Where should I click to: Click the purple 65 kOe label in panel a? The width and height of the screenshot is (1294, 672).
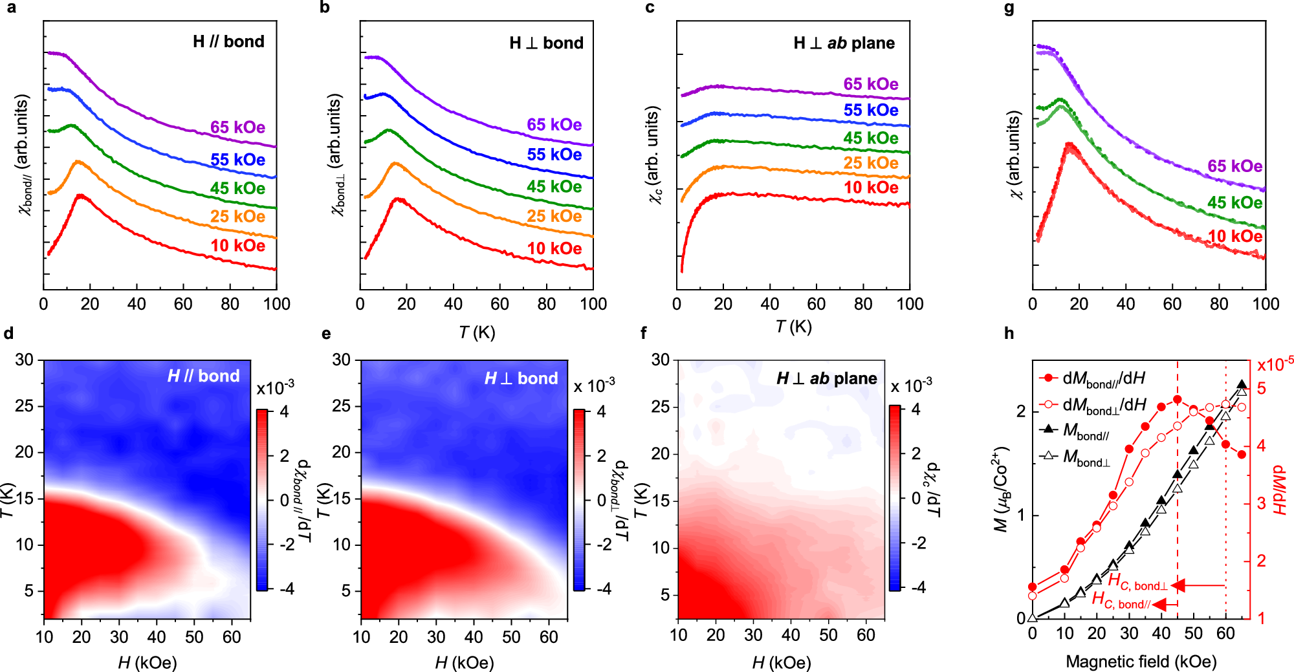(237, 127)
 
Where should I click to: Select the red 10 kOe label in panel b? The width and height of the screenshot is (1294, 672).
(554, 249)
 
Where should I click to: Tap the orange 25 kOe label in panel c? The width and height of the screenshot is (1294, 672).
(870, 163)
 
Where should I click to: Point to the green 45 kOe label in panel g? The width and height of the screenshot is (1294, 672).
(1234, 202)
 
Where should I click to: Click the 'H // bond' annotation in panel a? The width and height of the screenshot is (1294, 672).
(228, 42)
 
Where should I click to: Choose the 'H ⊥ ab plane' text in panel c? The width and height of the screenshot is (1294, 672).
(844, 43)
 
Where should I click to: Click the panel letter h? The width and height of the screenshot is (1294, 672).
(1009, 334)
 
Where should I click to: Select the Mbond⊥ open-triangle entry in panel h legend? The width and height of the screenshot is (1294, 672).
(1086, 457)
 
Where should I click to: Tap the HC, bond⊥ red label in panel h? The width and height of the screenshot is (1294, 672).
(1137, 581)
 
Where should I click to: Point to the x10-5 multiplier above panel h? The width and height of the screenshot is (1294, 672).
(1274, 365)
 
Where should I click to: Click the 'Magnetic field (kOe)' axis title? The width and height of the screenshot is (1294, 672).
(1141, 662)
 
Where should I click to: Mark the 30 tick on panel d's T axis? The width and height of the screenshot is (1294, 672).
(25, 360)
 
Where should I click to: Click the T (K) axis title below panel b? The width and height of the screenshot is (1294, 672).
(477, 332)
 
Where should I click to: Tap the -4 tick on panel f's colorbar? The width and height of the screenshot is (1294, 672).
(918, 587)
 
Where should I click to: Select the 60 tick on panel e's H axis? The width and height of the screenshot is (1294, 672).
(548, 637)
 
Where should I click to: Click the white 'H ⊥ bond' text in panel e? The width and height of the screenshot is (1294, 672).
(521, 378)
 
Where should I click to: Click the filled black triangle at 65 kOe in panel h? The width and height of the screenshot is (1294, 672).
(1242, 385)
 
